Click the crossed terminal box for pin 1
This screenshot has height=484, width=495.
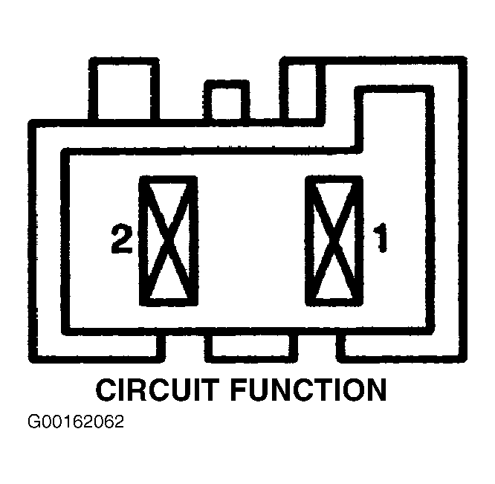(334, 240)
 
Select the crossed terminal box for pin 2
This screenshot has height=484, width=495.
(169, 240)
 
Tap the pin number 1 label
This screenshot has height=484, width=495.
(380, 240)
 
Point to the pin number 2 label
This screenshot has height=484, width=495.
(121, 240)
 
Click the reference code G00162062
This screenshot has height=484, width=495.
(76, 423)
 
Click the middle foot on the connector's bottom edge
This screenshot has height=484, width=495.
(250, 346)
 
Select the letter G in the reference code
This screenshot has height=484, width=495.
(34, 423)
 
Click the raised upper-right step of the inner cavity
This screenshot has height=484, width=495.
(394, 119)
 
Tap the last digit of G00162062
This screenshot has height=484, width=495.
(118, 423)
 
